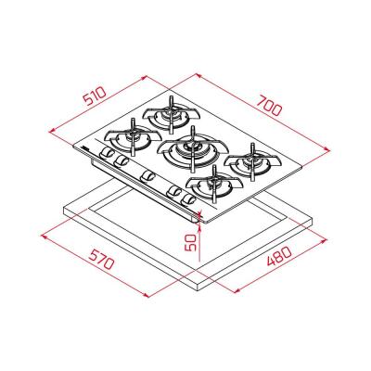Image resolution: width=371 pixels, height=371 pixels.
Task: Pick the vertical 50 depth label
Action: pyautogui.click(x=191, y=244)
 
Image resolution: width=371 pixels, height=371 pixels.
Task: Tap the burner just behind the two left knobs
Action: pyautogui.click(x=128, y=142)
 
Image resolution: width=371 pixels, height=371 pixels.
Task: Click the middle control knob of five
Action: pyautogui.click(x=147, y=175)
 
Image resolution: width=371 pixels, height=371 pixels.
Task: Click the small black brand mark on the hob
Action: pyautogui.click(x=86, y=148)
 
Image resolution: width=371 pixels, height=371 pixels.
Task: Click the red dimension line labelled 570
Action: pyautogui.click(x=102, y=269)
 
